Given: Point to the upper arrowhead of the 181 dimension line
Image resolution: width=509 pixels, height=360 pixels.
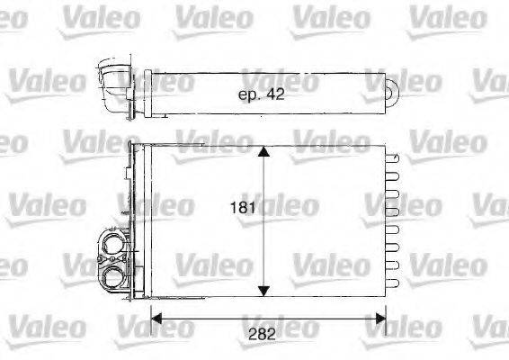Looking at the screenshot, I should click(x=263, y=153).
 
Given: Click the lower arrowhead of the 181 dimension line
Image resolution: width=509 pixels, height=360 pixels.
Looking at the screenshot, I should click(x=263, y=289).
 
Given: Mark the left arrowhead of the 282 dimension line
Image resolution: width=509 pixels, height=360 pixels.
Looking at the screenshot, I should click(x=154, y=316).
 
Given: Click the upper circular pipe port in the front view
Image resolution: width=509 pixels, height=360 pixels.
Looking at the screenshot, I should click(x=115, y=245).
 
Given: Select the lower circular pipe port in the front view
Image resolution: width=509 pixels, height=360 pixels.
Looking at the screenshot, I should click(x=115, y=274).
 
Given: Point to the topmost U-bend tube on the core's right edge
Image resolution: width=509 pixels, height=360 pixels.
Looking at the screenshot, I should click(x=392, y=157).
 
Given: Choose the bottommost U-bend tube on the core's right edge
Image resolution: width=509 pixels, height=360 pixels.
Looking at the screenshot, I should click(x=392, y=285).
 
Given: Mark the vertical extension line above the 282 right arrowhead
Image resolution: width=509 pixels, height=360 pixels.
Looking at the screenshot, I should click(x=386, y=306).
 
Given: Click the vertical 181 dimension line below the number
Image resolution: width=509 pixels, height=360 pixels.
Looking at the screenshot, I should click(x=263, y=252).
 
